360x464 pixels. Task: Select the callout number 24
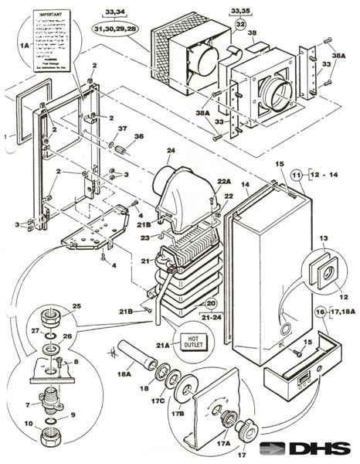point(171,151)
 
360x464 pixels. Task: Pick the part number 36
point(140,137)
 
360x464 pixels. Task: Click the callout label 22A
point(224,181)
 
